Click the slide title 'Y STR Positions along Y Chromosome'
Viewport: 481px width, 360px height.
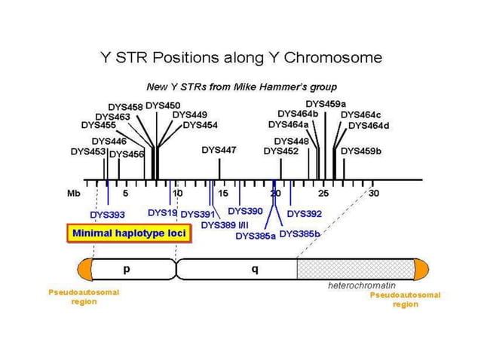click(240, 57)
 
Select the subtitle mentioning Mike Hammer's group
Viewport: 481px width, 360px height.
click(240, 87)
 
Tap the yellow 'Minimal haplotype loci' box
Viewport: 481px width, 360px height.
click(128, 233)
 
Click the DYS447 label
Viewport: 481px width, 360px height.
click(219, 151)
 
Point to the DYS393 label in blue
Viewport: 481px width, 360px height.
click(106, 215)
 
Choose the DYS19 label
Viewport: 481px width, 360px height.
click(162, 212)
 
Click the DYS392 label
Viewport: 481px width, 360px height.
click(305, 214)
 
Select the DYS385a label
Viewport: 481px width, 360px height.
click(256, 236)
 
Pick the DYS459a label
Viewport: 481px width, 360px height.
click(326, 103)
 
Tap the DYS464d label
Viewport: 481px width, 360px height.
click(369, 125)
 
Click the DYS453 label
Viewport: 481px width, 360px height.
click(88, 151)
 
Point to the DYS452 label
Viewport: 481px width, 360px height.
click(281, 151)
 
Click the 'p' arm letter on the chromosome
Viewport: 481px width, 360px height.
click(127, 268)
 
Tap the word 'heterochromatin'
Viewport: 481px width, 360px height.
click(361, 286)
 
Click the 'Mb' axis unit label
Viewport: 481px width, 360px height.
click(73, 194)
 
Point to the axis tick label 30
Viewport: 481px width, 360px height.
click(374, 194)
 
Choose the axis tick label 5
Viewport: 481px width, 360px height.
click(126, 194)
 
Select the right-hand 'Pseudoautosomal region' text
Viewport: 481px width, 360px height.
click(405, 300)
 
